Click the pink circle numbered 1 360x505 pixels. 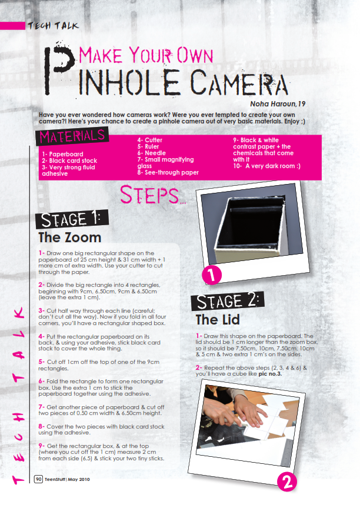[x=211, y=275]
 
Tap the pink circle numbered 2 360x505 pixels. [x=287, y=482]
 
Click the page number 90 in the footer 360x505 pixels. [x=38, y=479]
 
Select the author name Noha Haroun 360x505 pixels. [x=273, y=104]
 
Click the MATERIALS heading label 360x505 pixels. [x=72, y=136]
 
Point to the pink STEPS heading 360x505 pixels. [x=153, y=195]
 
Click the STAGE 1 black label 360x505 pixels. [x=72, y=219]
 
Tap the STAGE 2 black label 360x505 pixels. [x=228, y=302]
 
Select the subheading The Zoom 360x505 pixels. [x=70, y=238]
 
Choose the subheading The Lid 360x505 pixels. [x=218, y=319]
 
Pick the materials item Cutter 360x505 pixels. [x=150, y=140]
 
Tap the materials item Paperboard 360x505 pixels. [x=62, y=154]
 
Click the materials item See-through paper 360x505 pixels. [x=168, y=173]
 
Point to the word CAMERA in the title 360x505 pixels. [x=238, y=82]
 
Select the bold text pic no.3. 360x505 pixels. [x=270, y=374]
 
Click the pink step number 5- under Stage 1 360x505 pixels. [x=42, y=362]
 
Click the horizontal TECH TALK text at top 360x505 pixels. [x=53, y=26]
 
